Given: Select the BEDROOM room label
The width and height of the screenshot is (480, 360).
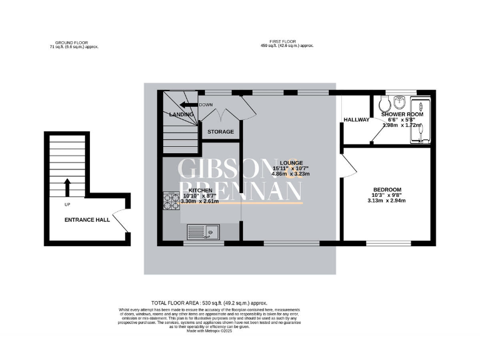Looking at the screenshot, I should tap(387, 189).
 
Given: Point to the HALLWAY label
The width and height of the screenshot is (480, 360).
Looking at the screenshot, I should tap(356, 119).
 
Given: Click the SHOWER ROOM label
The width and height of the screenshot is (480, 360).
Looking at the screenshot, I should tap(402, 114).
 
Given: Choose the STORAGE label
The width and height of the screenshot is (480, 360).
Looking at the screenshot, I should tap(221, 132).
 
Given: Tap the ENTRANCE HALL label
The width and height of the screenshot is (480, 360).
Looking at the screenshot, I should tap(87, 220).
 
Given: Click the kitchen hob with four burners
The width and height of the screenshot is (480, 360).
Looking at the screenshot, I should tap(171, 201).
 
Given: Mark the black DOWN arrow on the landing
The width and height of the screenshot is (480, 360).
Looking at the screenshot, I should tap(187, 105).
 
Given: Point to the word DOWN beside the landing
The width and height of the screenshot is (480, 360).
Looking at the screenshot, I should tap(206, 105).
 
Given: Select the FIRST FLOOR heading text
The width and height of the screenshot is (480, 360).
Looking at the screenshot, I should tap(287, 42).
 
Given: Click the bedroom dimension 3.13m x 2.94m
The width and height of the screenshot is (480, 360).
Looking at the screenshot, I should tap(387, 201).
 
